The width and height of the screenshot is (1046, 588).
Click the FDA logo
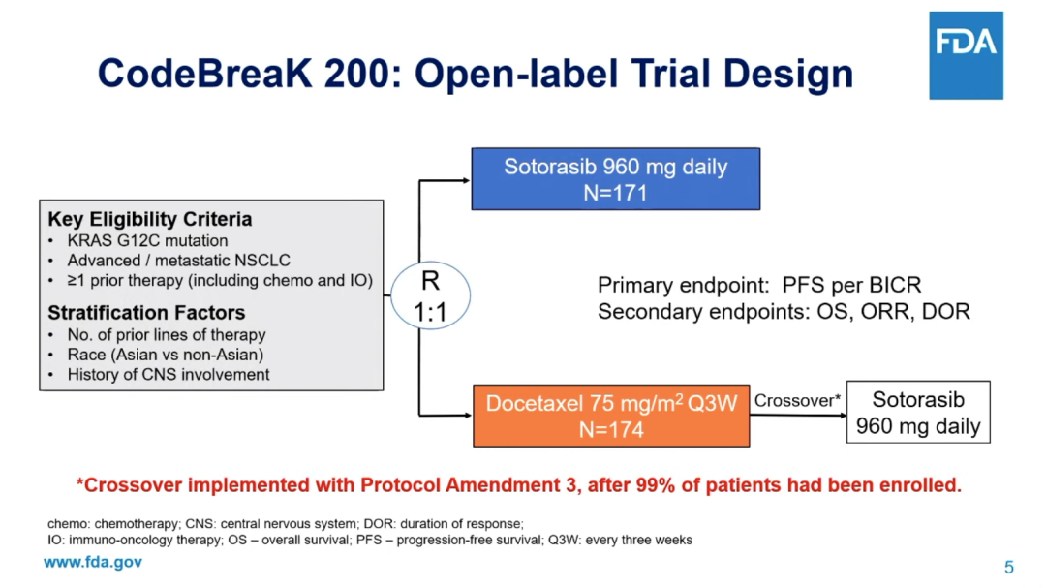[x=966, y=55]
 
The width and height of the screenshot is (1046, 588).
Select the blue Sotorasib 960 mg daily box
[x=616, y=179]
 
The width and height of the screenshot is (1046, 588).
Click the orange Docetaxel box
[x=611, y=416]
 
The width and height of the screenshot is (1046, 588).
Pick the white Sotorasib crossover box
[x=918, y=413]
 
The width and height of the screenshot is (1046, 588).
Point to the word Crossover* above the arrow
[x=797, y=400]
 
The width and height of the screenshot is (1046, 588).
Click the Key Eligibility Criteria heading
[x=150, y=219]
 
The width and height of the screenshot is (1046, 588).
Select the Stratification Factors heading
[x=147, y=312]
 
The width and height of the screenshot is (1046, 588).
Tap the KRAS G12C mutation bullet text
[x=147, y=240]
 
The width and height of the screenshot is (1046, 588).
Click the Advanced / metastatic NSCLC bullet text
[x=179, y=261]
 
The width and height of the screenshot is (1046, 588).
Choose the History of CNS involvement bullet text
[x=169, y=375]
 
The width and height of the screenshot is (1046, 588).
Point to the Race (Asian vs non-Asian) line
[x=166, y=355]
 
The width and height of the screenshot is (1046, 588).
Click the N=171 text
[x=615, y=193]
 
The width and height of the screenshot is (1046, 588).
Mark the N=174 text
[x=611, y=430]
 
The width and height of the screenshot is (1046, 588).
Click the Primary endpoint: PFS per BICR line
[x=759, y=285]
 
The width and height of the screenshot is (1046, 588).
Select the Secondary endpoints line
[x=784, y=312]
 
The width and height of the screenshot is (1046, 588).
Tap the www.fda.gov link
[x=93, y=562]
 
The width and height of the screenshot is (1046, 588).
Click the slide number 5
[x=1008, y=568]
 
